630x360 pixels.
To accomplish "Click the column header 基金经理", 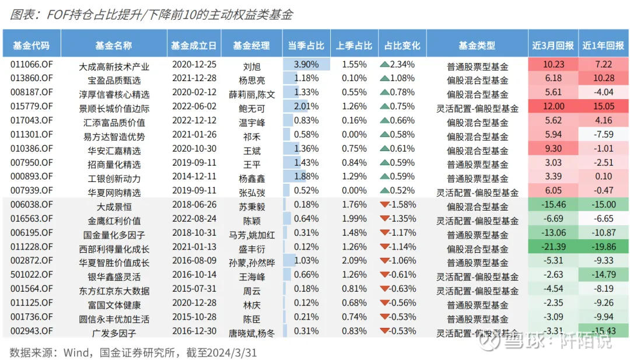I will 251,46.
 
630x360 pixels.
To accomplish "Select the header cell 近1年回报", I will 603,46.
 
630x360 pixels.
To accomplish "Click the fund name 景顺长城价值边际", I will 114,108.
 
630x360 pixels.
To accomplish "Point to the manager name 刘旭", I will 251,65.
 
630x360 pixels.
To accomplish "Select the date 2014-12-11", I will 194,177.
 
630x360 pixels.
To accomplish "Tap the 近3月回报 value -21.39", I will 553,247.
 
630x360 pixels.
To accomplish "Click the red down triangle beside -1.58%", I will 384,204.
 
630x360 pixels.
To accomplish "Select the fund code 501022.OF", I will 32,275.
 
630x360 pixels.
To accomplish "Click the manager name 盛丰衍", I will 251,248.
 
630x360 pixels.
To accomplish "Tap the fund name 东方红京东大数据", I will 114,291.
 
